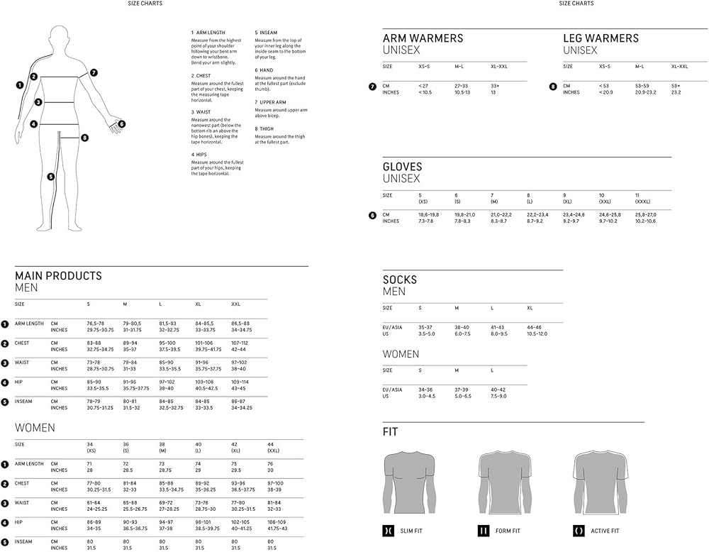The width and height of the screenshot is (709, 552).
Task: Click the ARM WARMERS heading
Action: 423,38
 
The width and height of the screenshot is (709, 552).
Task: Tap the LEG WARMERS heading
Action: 601,38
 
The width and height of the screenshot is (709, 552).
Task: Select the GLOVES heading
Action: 402,167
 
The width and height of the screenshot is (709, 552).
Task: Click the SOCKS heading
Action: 400,280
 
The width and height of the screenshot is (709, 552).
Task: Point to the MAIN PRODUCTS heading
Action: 58,275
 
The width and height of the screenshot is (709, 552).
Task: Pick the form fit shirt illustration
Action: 505,482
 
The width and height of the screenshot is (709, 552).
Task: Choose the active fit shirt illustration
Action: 599,482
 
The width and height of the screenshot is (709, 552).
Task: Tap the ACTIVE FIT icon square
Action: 578,531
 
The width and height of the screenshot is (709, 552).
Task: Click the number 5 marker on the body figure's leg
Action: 50,177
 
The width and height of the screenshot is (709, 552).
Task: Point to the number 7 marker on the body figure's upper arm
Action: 94,72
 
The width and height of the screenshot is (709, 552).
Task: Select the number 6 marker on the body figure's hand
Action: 121,123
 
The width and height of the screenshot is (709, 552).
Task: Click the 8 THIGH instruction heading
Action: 266,129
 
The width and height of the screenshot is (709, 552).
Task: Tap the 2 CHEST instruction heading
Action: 201,75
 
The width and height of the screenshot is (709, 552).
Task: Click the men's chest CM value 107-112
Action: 240,343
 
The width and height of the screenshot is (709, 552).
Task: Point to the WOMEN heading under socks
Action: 401,353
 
